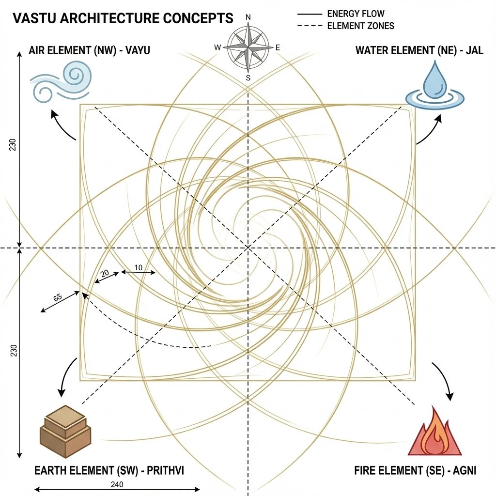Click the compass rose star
click(248, 47)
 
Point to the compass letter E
click(278, 47)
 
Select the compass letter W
click(217, 47)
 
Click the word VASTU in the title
click(33, 19)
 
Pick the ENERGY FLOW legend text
click(356, 14)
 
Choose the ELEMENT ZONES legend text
click(361, 26)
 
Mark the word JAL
click(473, 50)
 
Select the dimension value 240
click(116, 484)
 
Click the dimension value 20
click(105, 274)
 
